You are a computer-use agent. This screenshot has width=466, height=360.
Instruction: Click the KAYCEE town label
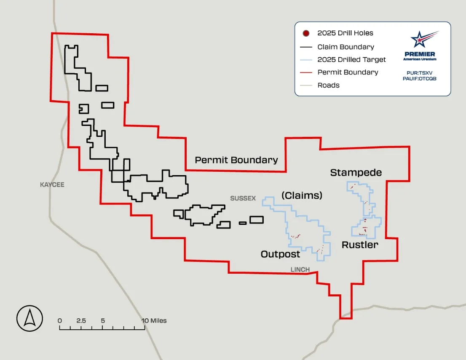(52, 184)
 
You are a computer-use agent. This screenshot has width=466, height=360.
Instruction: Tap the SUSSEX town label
(243, 198)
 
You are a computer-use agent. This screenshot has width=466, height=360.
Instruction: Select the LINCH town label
(300, 269)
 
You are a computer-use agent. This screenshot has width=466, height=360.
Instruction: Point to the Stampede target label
(356, 172)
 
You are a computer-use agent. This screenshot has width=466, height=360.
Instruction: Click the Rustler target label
(360, 245)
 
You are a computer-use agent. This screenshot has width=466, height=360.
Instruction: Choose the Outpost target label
(280, 254)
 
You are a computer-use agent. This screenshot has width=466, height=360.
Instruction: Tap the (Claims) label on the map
(302, 195)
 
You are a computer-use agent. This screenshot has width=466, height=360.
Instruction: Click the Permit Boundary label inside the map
(236, 160)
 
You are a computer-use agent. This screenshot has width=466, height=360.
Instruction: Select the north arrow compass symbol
(29, 318)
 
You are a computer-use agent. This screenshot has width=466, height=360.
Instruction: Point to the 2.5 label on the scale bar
(81, 321)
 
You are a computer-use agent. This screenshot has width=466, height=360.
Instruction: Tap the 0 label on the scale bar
(60, 321)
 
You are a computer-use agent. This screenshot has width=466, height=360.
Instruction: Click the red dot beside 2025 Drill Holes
(306, 33)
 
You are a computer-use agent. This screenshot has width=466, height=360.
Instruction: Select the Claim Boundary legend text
(345, 47)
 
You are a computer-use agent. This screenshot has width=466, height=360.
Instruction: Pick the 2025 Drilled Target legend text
(351, 60)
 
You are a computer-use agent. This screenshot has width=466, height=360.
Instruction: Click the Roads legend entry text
(328, 85)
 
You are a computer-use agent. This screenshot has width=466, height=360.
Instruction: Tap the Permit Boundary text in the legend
(348, 72)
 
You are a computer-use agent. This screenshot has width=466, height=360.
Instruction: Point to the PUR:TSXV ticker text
(419, 72)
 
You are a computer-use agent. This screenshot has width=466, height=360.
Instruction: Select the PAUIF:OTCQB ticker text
(419, 79)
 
